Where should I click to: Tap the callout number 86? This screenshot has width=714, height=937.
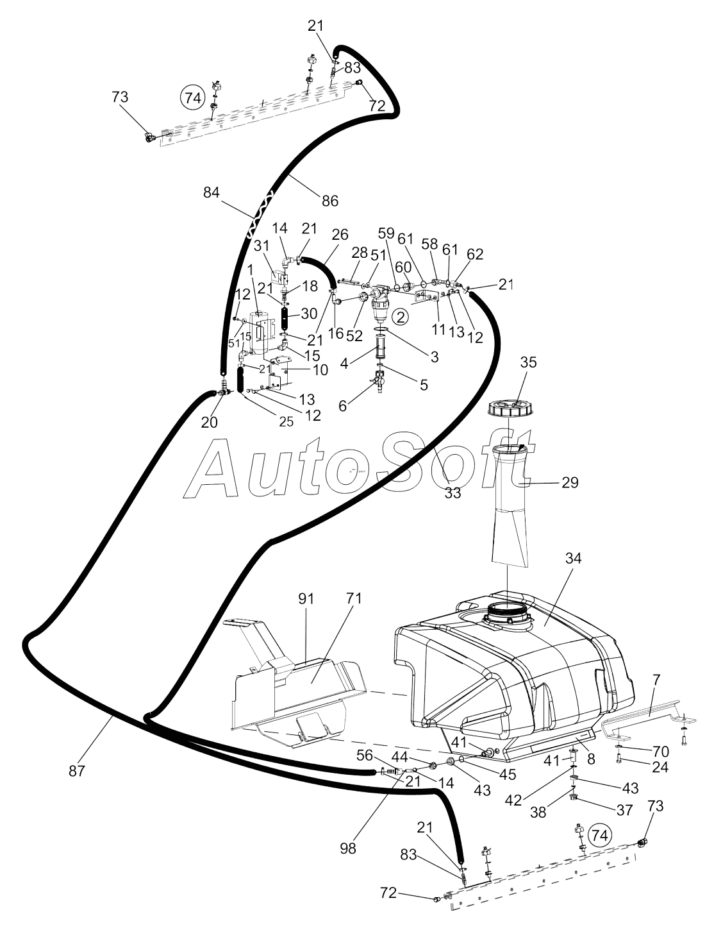point(329,200)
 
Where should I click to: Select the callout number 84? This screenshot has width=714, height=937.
point(211,192)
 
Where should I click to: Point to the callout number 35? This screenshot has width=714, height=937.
point(529,362)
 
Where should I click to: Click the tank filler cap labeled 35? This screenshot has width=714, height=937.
point(511,409)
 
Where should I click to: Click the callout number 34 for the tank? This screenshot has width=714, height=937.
point(573,558)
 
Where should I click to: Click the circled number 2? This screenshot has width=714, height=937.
point(400,317)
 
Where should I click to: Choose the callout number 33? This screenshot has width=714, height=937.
point(453,493)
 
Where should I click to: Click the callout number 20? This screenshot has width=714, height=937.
point(210,422)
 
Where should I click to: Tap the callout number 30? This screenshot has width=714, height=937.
point(309,314)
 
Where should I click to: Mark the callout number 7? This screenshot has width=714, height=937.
point(656,680)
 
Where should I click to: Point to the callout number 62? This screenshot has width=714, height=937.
point(475,254)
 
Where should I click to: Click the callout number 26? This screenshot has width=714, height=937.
point(340,234)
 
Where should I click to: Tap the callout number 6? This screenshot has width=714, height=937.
point(342,407)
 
